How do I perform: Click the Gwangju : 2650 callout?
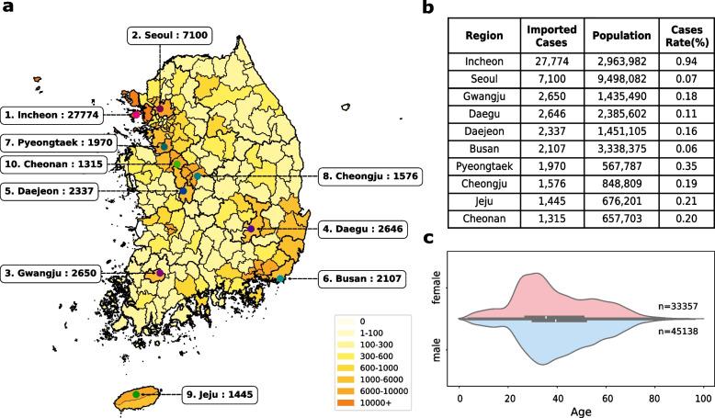click(53, 273)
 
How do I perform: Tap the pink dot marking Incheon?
click(135, 116)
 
